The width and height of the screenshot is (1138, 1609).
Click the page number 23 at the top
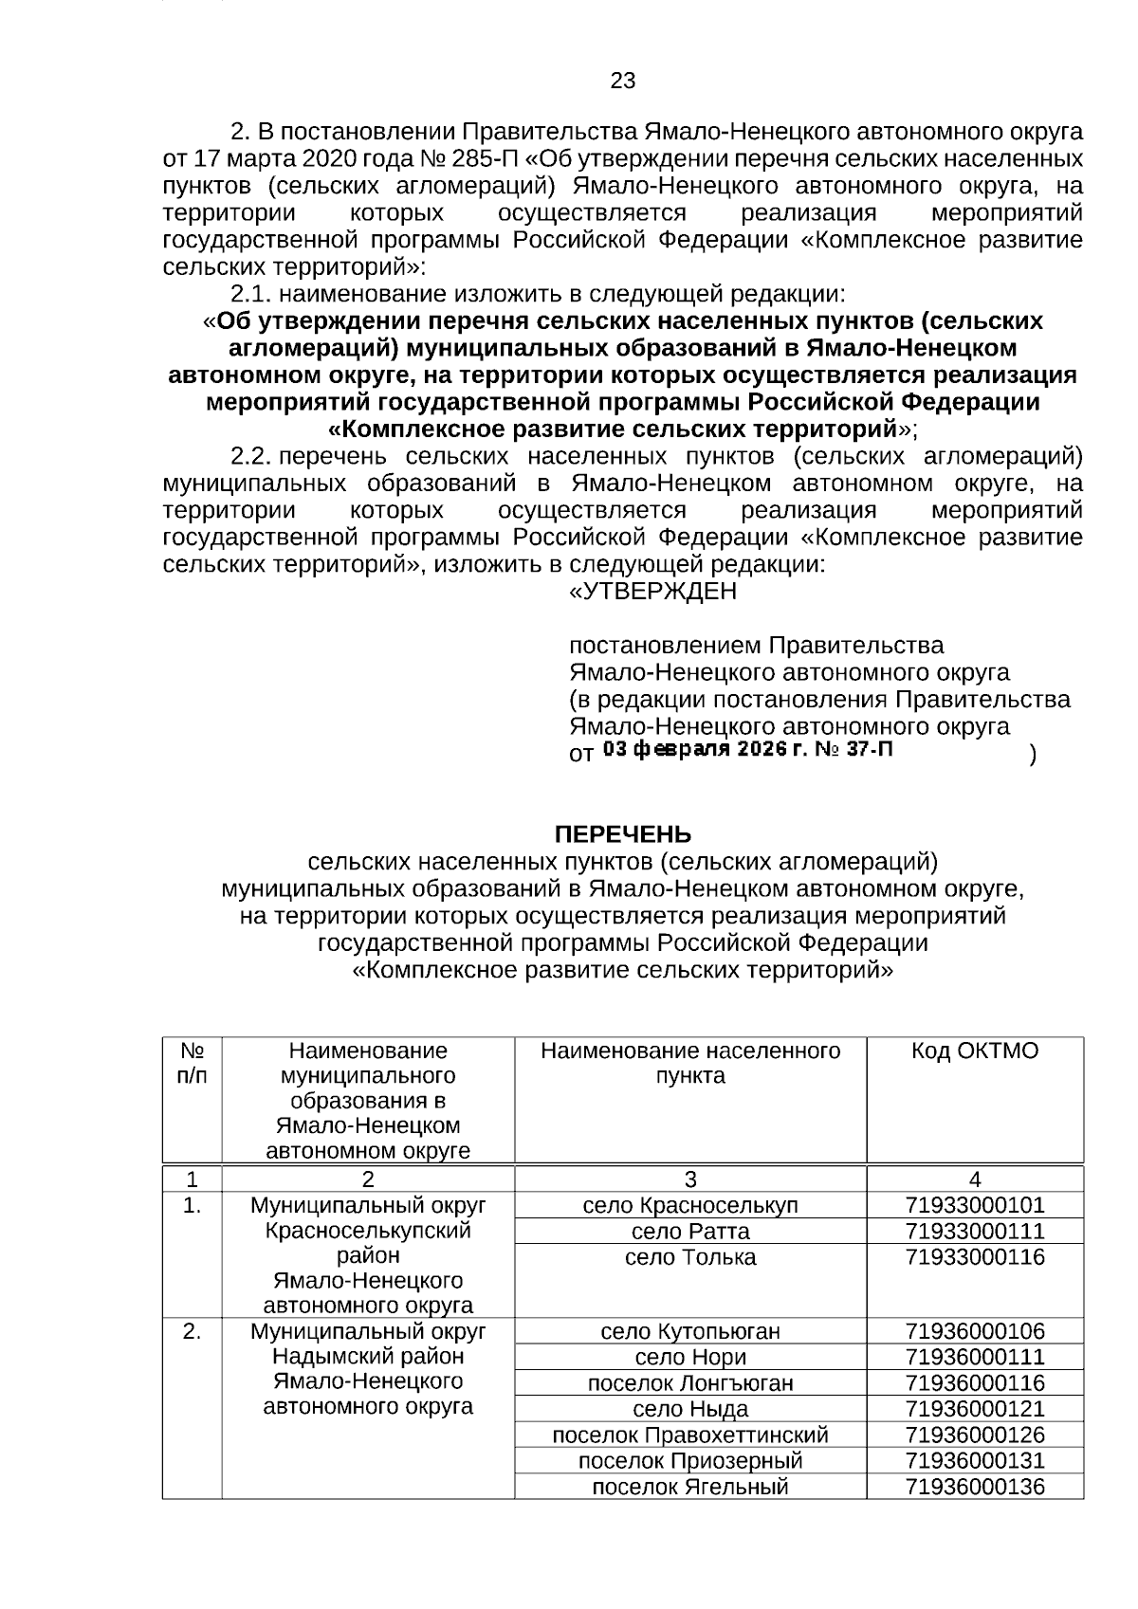click(x=623, y=81)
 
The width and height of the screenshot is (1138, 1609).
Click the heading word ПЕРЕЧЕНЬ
click(x=622, y=834)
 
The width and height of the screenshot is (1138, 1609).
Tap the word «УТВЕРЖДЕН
click(x=652, y=592)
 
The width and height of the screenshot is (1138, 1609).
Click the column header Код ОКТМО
click(x=974, y=1051)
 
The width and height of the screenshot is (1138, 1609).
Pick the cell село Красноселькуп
click(x=689, y=1205)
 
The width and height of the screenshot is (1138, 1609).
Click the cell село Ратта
click(x=689, y=1232)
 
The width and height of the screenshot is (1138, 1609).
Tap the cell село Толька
click(x=689, y=1257)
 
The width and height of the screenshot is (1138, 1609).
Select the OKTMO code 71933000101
click(x=974, y=1205)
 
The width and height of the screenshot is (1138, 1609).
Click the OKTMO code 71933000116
click(x=974, y=1257)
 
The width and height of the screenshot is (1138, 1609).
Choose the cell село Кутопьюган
click(x=689, y=1331)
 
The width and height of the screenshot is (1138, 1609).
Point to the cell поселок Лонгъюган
click(x=689, y=1383)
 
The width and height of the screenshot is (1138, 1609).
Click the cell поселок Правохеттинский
click(x=689, y=1435)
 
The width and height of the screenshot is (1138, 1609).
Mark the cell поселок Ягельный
click(x=689, y=1487)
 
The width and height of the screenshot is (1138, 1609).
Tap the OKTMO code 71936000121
click(x=974, y=1409)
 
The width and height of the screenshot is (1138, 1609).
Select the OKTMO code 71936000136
click(x=974, y=1487)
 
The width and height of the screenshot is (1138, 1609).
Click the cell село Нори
click(x=689, y=1357)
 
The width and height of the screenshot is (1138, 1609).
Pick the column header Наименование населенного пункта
click(x=689, y=1063)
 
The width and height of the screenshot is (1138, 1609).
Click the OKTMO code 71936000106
click(x=974, y=1331)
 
